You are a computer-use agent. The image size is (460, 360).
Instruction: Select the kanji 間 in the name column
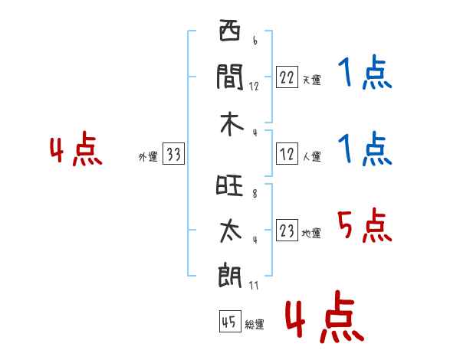coord(230,77)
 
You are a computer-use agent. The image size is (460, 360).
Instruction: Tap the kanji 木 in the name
coord(230,123)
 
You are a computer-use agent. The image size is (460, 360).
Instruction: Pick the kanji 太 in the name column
coord(230,232)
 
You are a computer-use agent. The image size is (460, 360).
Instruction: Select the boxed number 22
coord(287,78)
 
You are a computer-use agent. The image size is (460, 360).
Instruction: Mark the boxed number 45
coord(228,323)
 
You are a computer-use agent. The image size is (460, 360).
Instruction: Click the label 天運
coord(311,80)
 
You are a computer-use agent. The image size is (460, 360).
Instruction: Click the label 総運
coord(255,325)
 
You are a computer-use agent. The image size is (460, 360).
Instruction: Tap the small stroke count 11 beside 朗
coord(254,286)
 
